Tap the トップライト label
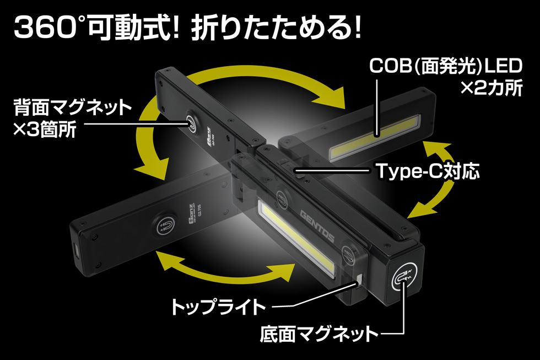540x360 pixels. (219, 307)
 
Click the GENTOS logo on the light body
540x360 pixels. (316, 221)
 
